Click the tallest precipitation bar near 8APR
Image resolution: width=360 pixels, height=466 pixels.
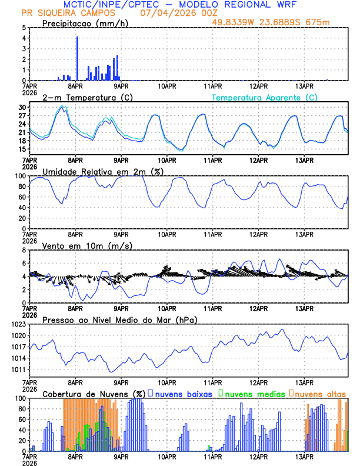point(77,58)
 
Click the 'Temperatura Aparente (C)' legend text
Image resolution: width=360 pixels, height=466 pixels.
point(265,97)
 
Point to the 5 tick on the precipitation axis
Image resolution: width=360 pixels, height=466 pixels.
point(24,28)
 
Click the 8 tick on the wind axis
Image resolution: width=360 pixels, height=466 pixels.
point(24,250)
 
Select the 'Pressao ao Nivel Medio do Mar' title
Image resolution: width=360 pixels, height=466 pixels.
point(119,319)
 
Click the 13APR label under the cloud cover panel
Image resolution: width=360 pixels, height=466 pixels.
point(304,456)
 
